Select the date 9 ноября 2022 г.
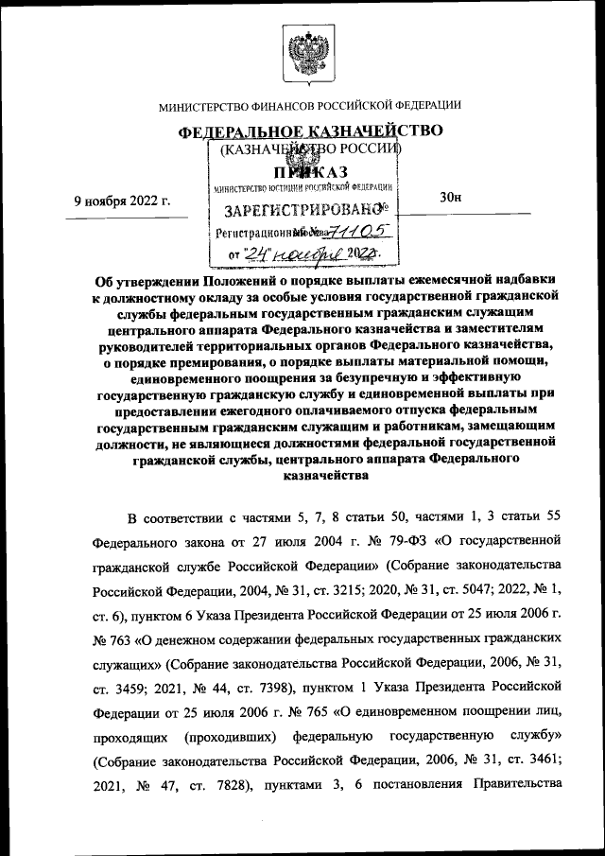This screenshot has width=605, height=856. (122, 200)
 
